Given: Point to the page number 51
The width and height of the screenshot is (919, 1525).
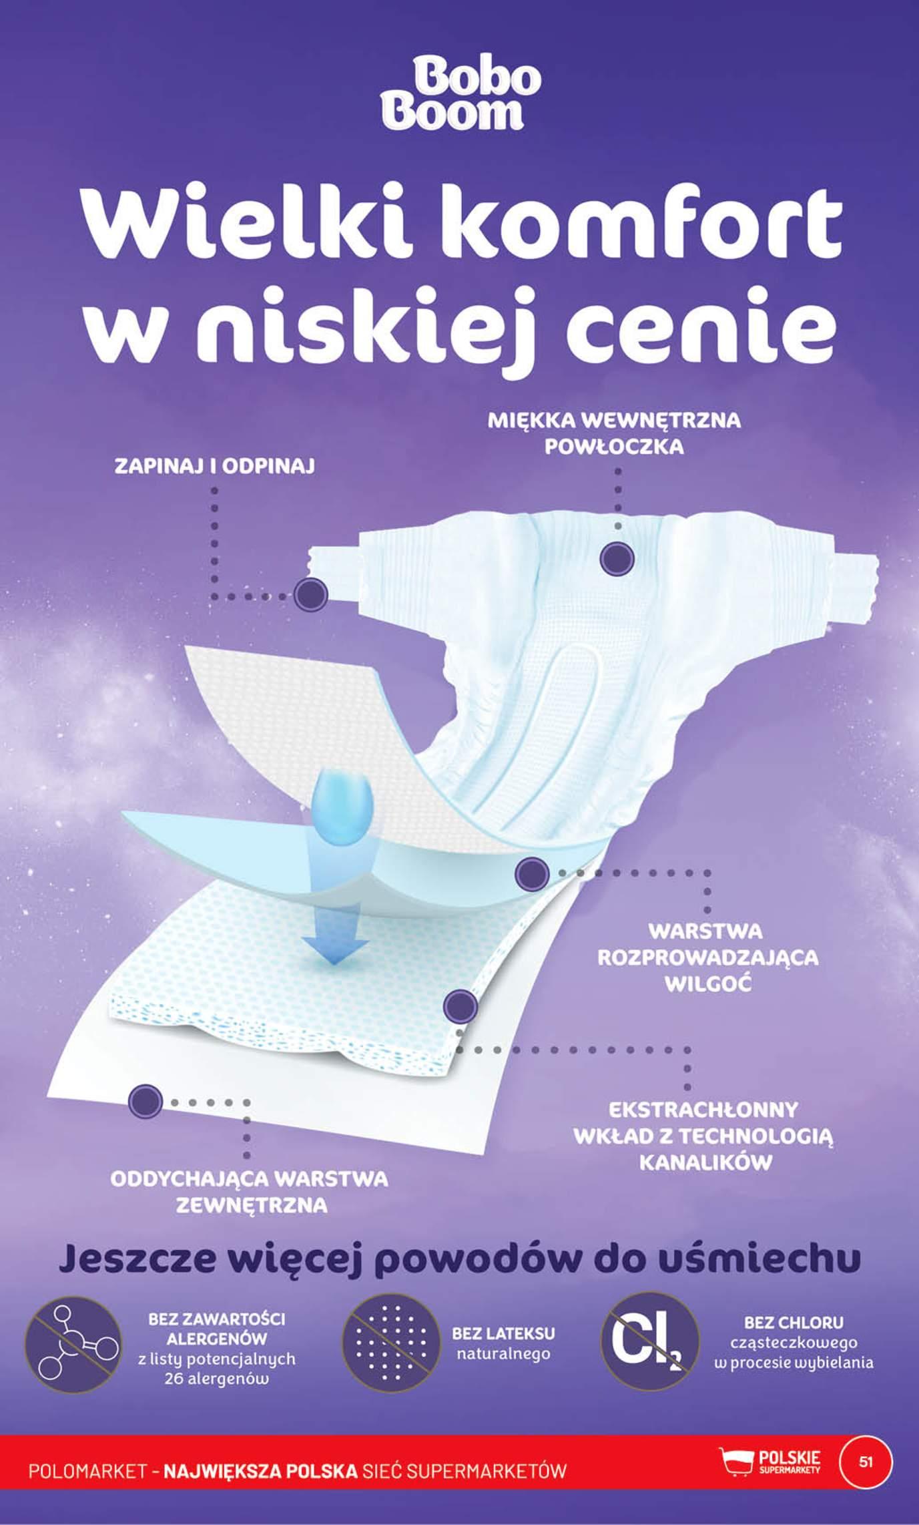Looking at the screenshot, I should [x=866, y=1461].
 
